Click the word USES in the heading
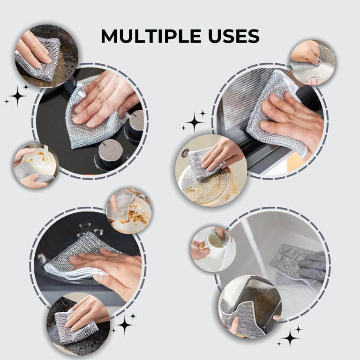234,36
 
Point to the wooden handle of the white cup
202,247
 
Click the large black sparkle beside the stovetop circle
17,96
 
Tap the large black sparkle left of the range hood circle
195,122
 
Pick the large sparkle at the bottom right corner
290,337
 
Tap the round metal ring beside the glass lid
185,153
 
